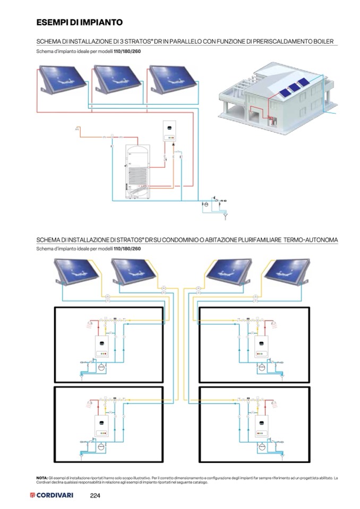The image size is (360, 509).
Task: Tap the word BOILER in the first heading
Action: (x=325, y=41)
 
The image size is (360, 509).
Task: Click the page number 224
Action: (x=95, y=496)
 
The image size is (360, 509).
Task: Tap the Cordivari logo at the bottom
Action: (x=52, y=496)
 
